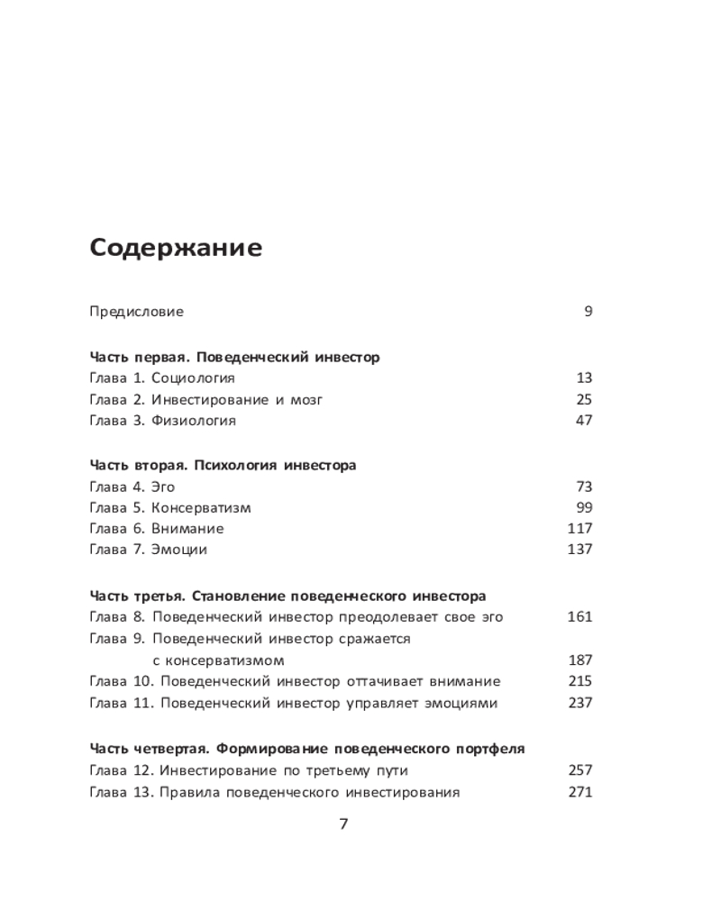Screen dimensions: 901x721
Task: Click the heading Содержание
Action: point(176,249)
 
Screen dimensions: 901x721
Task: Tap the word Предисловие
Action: point(136,312)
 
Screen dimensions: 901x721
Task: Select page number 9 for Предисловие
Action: point(588,312)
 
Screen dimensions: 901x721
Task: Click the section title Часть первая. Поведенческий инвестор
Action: point(234,357)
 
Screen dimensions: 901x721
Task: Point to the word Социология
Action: point(193,378)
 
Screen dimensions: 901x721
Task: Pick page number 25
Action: point(583,399)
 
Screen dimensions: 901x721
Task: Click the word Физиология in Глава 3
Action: point(193,421)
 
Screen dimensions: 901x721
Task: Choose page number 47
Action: point(583,421)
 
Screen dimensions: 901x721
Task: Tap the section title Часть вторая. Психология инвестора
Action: point(223,466)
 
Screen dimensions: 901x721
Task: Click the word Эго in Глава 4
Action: point(162,487)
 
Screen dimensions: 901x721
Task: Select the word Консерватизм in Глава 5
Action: point(201,507)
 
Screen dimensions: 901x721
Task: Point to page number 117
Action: point(580,529)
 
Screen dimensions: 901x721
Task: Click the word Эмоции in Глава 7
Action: point(178,550)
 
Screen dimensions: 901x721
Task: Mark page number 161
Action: point(580,617)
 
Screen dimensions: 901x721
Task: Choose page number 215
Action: point(580,682)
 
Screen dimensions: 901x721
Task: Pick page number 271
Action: point(580,793)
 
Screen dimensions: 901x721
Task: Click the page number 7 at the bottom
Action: point(342,824)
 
